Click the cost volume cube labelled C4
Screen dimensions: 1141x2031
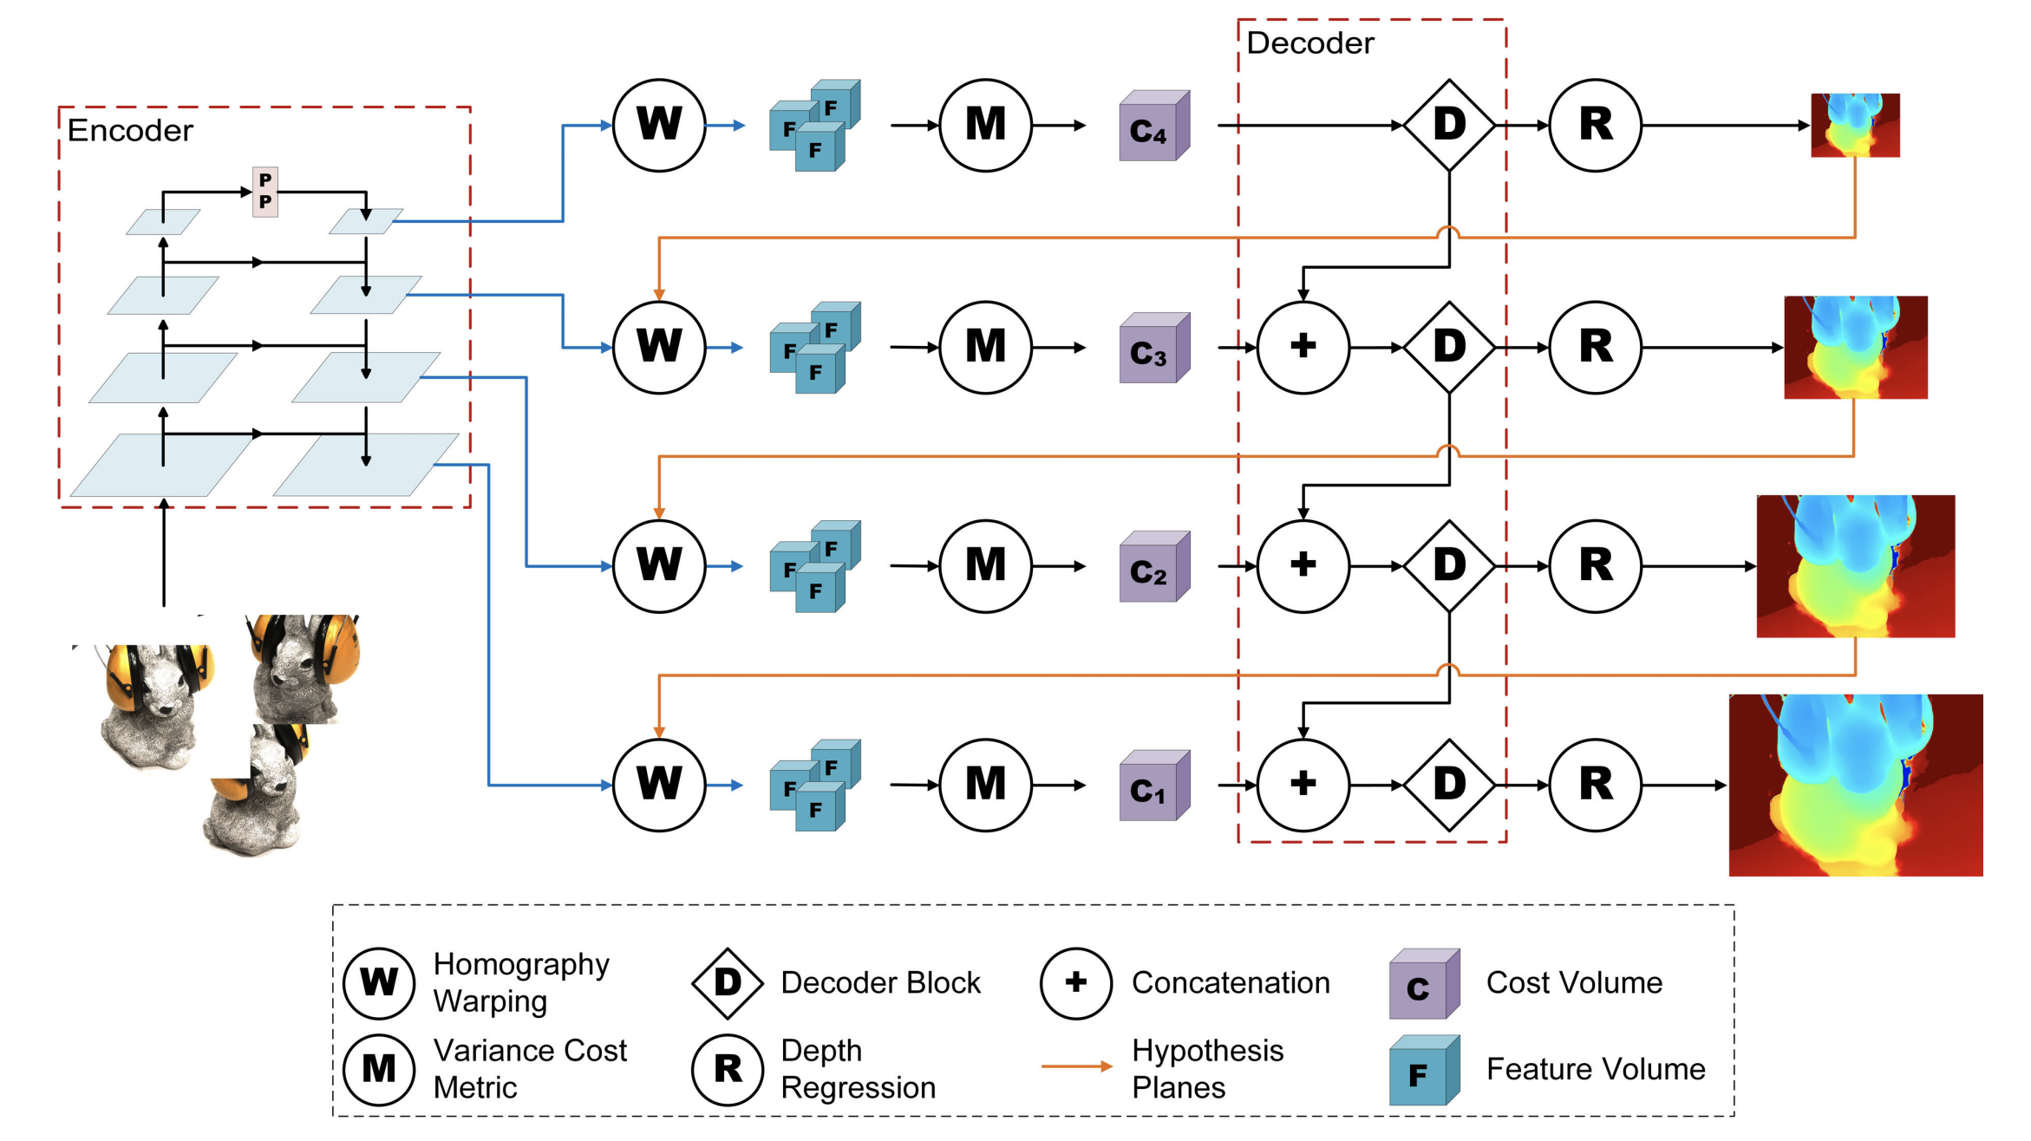click(x=1153, y=127)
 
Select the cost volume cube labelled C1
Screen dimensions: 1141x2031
click(x=1153, y=786)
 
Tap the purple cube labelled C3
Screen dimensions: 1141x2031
click(x=1153, y=349)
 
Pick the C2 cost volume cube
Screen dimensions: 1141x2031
click(x=1153, y=567)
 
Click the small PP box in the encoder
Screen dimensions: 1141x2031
click(x=265, y=192)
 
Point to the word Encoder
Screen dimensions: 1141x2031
click(x=130, y=131)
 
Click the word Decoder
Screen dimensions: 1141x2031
click(x=1309, y=43)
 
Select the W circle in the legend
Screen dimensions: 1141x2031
click(x=379, y=982)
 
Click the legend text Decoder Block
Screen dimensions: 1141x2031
click(x=880, y=983)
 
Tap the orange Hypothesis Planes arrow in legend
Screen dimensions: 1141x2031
click(x=1076, y=1066)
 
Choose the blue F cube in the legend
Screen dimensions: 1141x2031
click(x=1423, y=1071)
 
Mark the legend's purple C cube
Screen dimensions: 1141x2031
click(x=1423, y=985)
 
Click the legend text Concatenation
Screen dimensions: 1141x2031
click(x=1231, y=983)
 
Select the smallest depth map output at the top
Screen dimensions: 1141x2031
click(x=1855, y=126)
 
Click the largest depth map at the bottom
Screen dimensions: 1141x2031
click(x=1856, y=786)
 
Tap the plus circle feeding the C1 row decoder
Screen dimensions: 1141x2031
click(x=1303, y=785)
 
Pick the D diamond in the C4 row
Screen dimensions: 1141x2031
click(x=1449, y=126)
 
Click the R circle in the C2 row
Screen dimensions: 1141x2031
click(x=1595, y=566)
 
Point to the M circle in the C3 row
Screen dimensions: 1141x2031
click(x=985, y=348)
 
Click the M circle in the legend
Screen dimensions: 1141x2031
click(x=379, y=1069)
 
